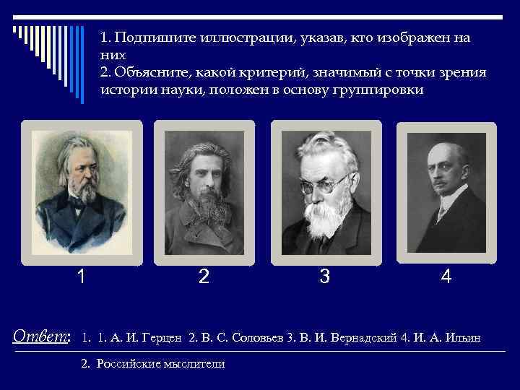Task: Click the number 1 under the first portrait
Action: click(83, 277)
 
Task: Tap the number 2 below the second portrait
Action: click(204, 277)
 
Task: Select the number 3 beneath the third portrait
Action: click(325, 277)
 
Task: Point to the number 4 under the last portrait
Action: click(446, 277)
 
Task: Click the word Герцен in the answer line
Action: click(166, 337)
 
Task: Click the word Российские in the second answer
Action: click(127, 364)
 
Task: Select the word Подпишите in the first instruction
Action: click(151, 38)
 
